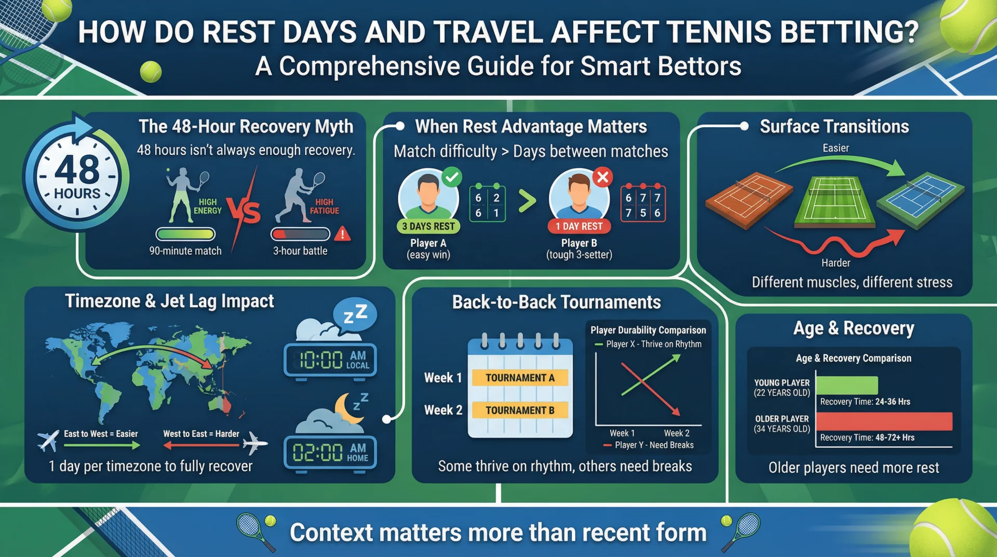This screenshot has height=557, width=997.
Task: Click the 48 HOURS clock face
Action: click(77, 177)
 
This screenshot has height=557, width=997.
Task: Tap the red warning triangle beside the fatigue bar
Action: click(342, 234)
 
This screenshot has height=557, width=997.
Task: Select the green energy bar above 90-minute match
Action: click(185, 234)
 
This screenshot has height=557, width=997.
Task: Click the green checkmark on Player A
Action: click(452, 177)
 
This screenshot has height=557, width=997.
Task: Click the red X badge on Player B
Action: click(602, 178)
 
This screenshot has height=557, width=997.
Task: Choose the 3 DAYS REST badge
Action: click(428, 227)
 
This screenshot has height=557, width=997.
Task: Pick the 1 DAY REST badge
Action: click(579, 227)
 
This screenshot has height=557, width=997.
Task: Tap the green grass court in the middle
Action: click(834, 203)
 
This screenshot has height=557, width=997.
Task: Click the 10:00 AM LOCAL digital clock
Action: click(330, 360)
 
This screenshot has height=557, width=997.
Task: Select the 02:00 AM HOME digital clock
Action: click(330, 453)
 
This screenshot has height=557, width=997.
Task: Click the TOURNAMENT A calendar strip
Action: click(520, 378)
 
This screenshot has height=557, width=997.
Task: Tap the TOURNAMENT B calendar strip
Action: click(520, 410)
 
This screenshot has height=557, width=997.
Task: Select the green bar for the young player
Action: click(846, 386)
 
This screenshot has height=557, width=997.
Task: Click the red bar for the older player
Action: click(884, 421)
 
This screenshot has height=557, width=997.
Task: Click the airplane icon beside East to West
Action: click(48, 440)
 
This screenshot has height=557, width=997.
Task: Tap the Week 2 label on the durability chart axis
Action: click(677, 433)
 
